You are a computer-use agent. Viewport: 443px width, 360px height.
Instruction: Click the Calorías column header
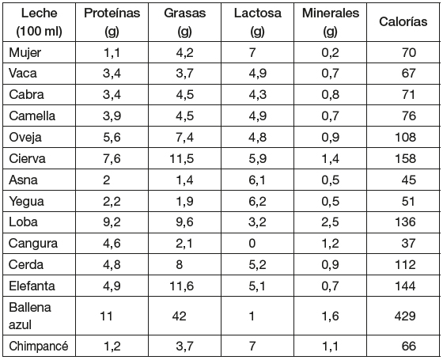point(403,22)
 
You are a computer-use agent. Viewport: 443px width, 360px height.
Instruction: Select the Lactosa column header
point(257,22)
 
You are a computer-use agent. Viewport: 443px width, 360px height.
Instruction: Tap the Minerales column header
point(331,22)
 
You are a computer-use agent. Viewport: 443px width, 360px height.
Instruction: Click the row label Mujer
point(25,53)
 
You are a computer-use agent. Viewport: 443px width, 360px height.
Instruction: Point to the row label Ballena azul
point(30,316)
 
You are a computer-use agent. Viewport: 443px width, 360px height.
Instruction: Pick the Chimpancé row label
point(39,346)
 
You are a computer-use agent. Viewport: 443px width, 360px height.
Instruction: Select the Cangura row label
point(33,244)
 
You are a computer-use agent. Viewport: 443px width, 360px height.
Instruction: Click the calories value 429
point(405,316)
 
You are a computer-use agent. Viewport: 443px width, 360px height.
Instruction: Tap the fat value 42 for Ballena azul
point(179,316)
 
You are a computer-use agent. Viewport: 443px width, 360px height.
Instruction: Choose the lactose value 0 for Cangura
point(252,244)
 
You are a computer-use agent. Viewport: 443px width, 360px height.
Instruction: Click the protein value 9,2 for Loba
point(112,222)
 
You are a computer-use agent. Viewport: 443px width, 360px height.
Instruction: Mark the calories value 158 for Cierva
point(405,158)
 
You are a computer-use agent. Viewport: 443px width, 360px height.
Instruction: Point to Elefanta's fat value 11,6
point(182,286)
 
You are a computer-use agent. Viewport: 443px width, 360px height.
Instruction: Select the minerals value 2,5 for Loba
point(331,222)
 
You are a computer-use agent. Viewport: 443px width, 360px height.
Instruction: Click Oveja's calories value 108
point(405,137)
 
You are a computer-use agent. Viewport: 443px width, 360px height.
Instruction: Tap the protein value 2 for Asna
point(106,180)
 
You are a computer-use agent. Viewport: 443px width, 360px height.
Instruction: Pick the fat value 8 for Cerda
point(179,265)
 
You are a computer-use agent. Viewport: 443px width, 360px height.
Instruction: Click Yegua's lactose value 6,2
point(257,201)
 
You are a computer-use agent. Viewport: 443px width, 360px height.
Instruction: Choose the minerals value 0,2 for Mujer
point(331,53)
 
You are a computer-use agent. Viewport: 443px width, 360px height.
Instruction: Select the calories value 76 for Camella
point(408,116)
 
